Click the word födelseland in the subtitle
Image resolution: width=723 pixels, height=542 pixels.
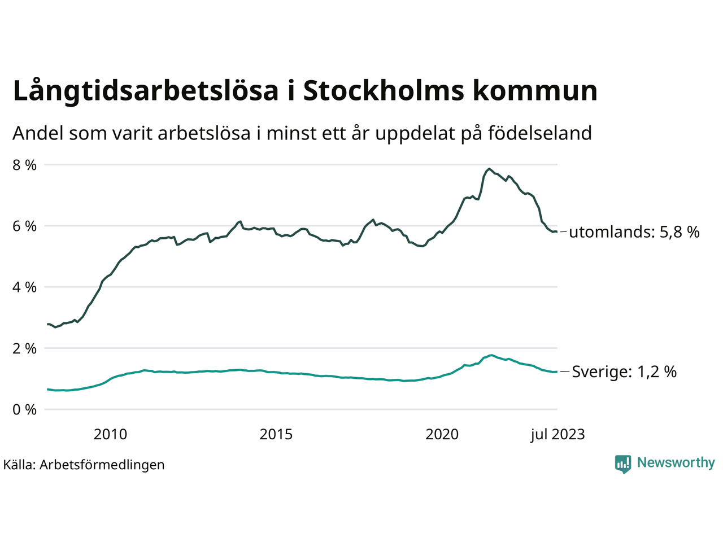[539, 134]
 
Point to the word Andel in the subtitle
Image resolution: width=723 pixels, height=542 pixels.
[38, 134]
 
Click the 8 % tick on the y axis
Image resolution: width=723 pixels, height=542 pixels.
[24, 165]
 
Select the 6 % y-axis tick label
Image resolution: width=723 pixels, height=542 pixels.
[24, 226]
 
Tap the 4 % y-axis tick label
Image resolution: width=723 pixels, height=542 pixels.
[24, 287]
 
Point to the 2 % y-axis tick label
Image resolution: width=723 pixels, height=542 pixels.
[24, 348]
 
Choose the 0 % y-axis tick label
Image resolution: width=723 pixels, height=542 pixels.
[24, 409]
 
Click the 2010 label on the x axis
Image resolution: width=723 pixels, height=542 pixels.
[110, 434]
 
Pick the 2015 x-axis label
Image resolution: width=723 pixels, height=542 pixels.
[276, 434]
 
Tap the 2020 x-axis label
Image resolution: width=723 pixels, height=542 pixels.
[442, 434]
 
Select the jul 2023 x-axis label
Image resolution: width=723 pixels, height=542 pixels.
[558, 434]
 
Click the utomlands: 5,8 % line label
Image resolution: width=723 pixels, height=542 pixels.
[634, 232]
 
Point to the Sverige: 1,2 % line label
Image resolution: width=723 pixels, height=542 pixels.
[624, 372]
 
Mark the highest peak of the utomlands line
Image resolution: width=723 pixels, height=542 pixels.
[489, 169]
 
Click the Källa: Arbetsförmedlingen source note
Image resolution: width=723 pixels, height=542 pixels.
[84, 465]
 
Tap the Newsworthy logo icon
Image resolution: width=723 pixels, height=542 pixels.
[623, 464]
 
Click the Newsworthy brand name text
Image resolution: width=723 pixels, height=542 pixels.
[676, 463]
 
